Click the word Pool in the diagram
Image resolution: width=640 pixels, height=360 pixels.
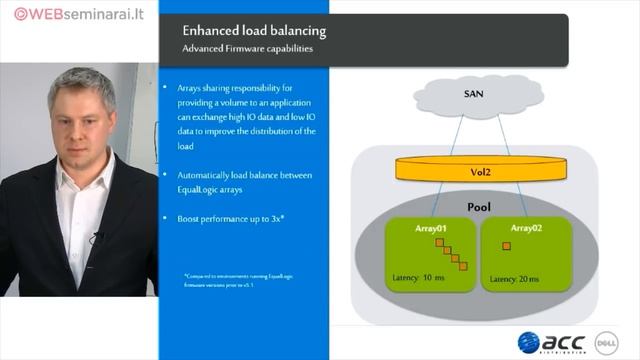point(479,206)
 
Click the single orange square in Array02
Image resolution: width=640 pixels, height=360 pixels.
point(507,246)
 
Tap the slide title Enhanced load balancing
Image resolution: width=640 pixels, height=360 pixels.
point(254,31)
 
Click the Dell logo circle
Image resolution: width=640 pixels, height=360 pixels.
point(606,342)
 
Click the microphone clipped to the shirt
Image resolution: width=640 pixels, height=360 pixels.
point(97,239)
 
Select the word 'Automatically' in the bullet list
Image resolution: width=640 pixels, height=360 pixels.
point(209,175)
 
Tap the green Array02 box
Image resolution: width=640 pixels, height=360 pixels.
point(519,255)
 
